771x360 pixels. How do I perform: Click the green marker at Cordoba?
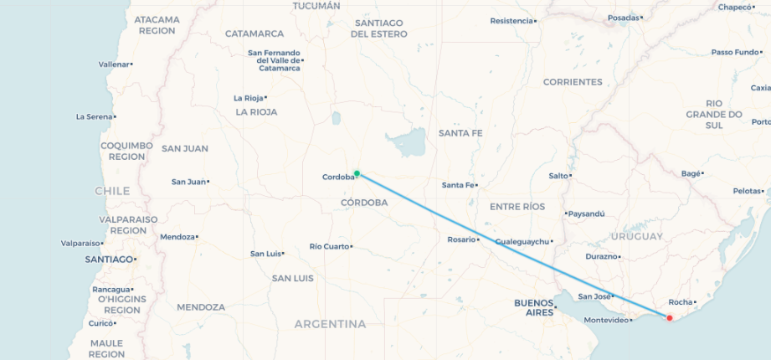357,173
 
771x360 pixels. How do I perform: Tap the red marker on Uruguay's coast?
669,317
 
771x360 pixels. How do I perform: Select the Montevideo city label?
606,320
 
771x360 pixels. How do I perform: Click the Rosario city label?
461,239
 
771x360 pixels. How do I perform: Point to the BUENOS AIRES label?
534,307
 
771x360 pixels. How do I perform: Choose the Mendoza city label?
177,237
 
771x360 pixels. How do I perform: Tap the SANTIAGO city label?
109,260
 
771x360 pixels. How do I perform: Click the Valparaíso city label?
80,244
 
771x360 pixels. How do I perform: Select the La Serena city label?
94,116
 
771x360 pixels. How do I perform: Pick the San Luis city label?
266,254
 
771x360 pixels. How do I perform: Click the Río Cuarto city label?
328,246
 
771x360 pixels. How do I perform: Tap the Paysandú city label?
586,213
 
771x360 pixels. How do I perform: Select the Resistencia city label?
511,20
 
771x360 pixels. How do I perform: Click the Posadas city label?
623,18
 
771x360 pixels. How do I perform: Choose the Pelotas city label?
748,191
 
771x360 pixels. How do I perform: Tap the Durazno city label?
601,256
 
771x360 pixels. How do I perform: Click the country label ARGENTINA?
330,324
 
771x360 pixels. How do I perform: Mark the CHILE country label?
112,191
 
